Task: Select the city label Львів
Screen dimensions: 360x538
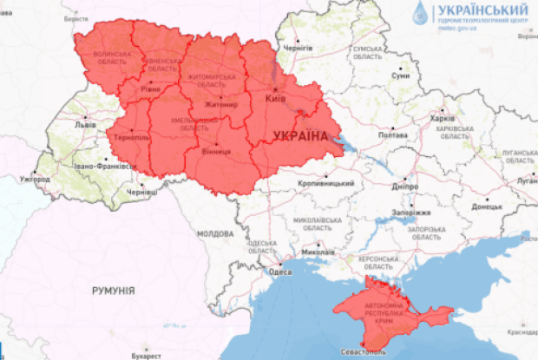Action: pos(85,125)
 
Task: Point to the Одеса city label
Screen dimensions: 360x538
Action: pos(280,272)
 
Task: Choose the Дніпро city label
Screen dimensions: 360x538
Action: pos(404,186)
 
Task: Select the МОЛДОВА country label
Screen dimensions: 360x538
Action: pos(214,234)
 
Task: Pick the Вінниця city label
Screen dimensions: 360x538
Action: pos(216,152)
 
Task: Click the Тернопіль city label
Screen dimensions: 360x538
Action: pos(131,138)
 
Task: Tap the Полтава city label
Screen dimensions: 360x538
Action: pos(393,135)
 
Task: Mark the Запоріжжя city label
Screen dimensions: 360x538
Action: pos(412,212)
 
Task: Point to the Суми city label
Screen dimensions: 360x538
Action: pos(400,76)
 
